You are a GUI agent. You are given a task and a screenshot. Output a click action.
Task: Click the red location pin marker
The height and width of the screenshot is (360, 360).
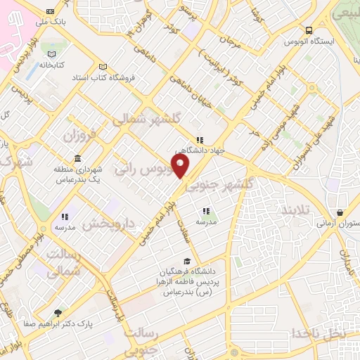pyautogui.click(x=181, y=167)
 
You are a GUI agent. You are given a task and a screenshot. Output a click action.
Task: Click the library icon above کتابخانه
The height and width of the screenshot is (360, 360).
pyautogui.click(x=50, y=54)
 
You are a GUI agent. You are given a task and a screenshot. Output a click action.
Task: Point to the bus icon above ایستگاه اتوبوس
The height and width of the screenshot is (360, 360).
pyautogui.click(x=309, y=30)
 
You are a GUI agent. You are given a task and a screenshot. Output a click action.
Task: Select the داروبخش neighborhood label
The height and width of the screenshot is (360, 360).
pyautogui.click(x=107, y=224)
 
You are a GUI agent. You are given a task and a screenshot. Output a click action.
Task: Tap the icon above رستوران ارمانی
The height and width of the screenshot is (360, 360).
pyautogui.click(x=340, y=212)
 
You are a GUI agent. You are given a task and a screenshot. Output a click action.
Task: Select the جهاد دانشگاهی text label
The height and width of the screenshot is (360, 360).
pyautogui.click(x=198, y=150)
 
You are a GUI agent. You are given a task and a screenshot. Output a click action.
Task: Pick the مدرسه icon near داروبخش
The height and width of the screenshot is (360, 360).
pyautogui.click(x=64, y=217)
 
